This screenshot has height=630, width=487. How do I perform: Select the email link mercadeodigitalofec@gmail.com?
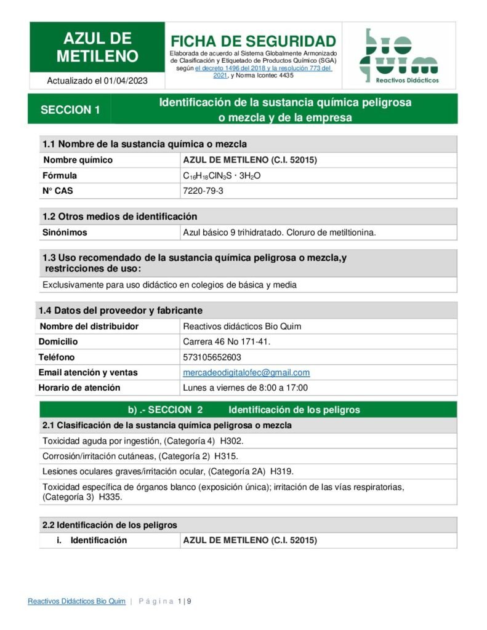coord(246,372)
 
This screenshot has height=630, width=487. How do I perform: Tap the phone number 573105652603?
coord(212,357)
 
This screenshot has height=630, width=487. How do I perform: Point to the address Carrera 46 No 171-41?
coord(227,341)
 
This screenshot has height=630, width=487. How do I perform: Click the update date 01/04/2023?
coord(126,81)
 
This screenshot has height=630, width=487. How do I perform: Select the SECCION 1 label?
coord(70,110)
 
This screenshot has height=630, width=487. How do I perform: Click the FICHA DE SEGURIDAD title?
coord(253,41)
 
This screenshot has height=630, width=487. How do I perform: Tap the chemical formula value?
coord(222,176)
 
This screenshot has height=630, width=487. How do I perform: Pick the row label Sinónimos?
coord(65,233)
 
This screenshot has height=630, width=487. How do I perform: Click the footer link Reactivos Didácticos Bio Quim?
coord(76,601)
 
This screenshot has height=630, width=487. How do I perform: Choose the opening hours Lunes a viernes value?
coord(245,388)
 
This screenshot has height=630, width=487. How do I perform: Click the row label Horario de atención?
coord(79,388)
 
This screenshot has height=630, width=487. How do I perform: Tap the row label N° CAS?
coord(57,191)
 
